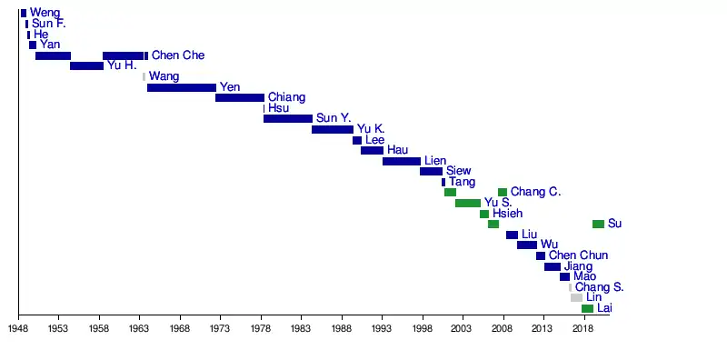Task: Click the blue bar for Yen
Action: click(182, 87)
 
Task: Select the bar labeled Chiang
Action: click(240, 98)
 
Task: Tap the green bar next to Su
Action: click(598, 224)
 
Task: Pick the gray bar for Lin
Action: click(576, 298)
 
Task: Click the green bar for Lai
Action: click(587, 308)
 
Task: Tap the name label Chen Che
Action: click(178, 55)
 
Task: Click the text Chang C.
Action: click(535, 192)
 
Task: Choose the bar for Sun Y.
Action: click(288, 119)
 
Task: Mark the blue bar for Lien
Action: click(402, 162)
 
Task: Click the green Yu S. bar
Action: click(468, 204)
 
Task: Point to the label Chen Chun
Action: click(578, 255)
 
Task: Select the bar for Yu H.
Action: click(86, 65)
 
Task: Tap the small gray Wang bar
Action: click(144, 76)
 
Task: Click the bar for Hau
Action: click(372, 150)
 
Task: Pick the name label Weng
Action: click(45, 13)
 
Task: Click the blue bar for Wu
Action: click(527, 245)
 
